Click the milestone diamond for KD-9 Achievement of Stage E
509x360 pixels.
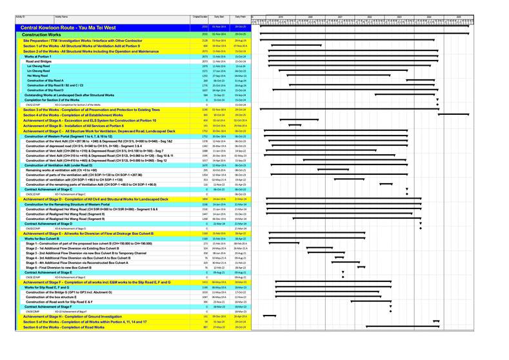343,277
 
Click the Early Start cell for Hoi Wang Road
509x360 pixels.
219,75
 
